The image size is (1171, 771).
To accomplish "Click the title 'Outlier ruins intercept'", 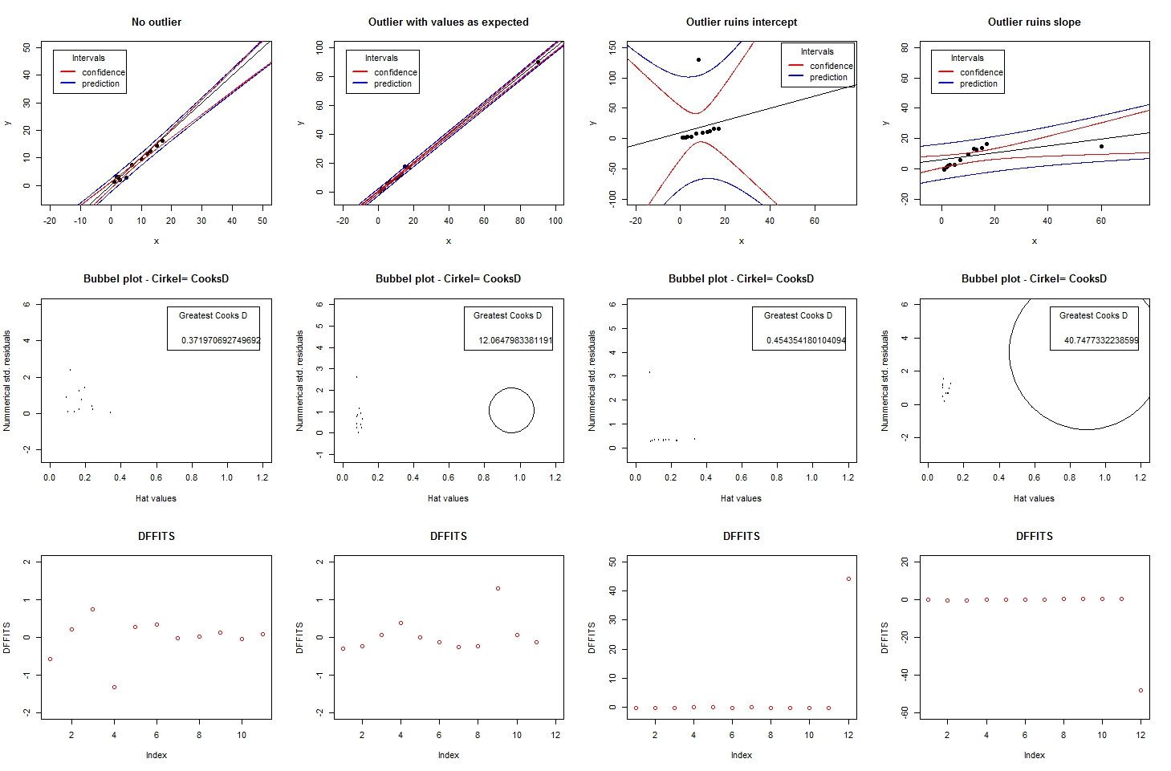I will pyautogui.click(x=741, y=22).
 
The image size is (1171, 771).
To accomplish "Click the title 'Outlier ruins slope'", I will pyautogui.click(x=1034, y=22).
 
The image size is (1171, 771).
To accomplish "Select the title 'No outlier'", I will pyautogui.click(x=156, y=22).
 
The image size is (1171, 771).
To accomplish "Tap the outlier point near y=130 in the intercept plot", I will pyautogui.click(x=698, y=60).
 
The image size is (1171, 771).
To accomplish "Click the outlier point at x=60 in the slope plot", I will pyautogui.click(x=1101, y=146).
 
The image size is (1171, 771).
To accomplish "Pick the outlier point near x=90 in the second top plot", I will pyautogui.click(x=538, y=63).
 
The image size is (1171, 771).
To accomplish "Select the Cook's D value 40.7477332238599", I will pyautogui.click(x=1100, y=340).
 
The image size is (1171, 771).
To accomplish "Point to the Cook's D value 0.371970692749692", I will pyautogui.click(x=221, y=340).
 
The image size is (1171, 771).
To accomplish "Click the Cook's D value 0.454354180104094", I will pyautogui.click(x=805, y=340).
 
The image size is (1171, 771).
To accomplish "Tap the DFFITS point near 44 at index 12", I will pyautogui.click(x=848, y=578).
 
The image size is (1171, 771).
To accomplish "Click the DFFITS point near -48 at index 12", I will pyautogui.click(x=1141, y=690).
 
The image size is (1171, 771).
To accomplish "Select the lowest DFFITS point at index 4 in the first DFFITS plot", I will pyautogui.click(x=114, y=687).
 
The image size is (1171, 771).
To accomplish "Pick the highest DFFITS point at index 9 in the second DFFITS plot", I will pyautogui.click(x=498, y=588).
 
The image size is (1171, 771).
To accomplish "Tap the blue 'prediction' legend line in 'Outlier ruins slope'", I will pyautogui.click(x=945, y=83).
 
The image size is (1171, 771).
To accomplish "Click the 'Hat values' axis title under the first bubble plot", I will pyautogui.click(x=156, y=498).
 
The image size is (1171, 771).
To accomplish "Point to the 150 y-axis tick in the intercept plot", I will pyautogui.click(x=612, y=47).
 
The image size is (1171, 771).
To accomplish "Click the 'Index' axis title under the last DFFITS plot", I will pyautogui.click(x=1034, y=755).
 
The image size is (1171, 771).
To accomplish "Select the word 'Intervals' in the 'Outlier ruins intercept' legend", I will pyautogui.click(x=817, y=51).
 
